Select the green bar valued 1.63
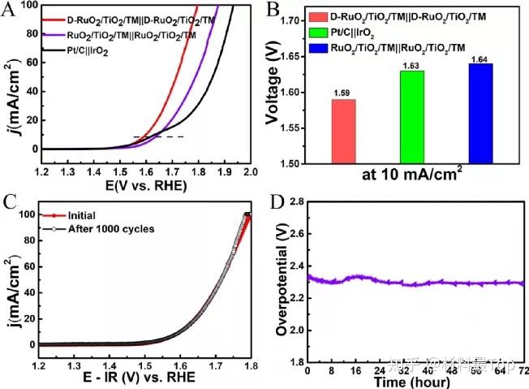(x=411, y=116)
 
